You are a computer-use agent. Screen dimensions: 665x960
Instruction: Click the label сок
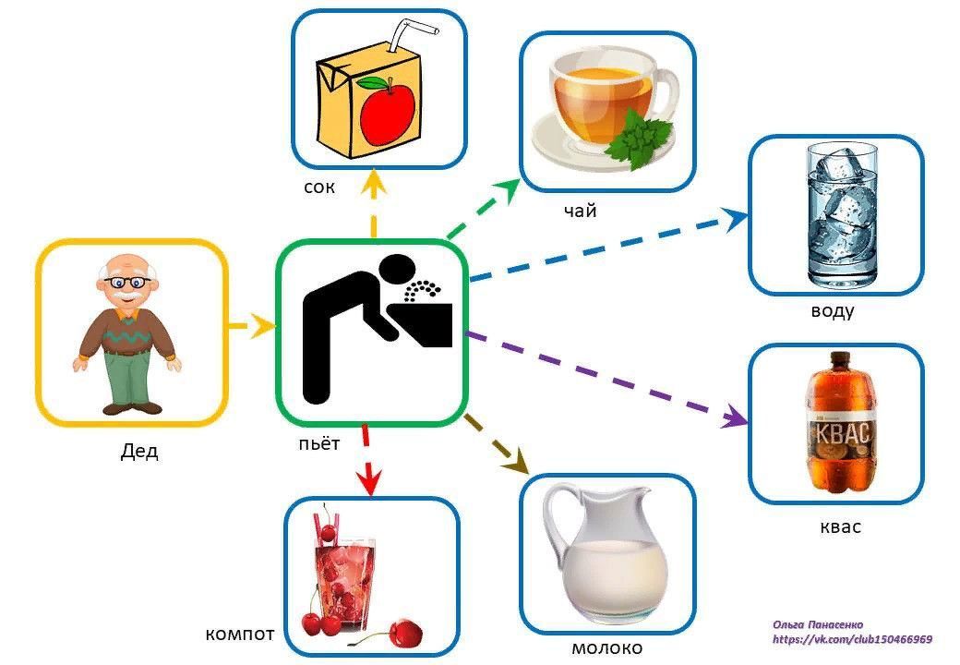tap(318, 188)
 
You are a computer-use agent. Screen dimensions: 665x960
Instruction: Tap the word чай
tap(580, 212)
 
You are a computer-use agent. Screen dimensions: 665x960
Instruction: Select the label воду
tap(832, 310)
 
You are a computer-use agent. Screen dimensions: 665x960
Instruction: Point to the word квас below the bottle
tap(840, 527)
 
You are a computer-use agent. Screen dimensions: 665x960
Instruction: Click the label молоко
tap(606, 647)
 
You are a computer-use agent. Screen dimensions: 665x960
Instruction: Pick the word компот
tap(239, 635)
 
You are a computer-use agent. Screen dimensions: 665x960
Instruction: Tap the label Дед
tap(139, 452)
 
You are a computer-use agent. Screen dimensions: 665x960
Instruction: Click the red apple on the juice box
tap(388, 110)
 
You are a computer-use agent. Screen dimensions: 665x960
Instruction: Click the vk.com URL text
tap(851, 639)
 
